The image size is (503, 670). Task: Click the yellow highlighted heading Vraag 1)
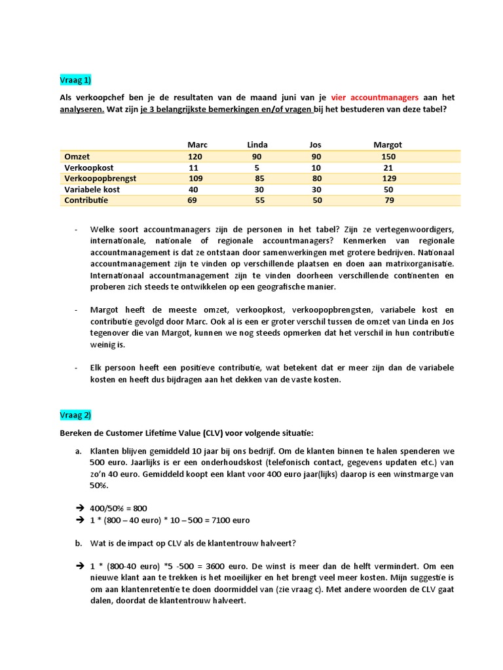click(x=76, y=80)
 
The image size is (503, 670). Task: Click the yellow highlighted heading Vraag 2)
click(x=76, y=415)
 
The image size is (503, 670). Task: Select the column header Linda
click(x=257, y=145)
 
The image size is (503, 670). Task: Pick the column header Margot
click(x=387, y=145)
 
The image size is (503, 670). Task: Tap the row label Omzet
click(x=77, y=157)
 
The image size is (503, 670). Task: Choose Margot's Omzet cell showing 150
click(x=388, y=157)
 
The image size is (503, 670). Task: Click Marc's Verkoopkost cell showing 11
click(x=195, y=167)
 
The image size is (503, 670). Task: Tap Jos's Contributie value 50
click(x=318, y=200)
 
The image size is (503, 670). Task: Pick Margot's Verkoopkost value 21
click(x=388, y=167)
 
